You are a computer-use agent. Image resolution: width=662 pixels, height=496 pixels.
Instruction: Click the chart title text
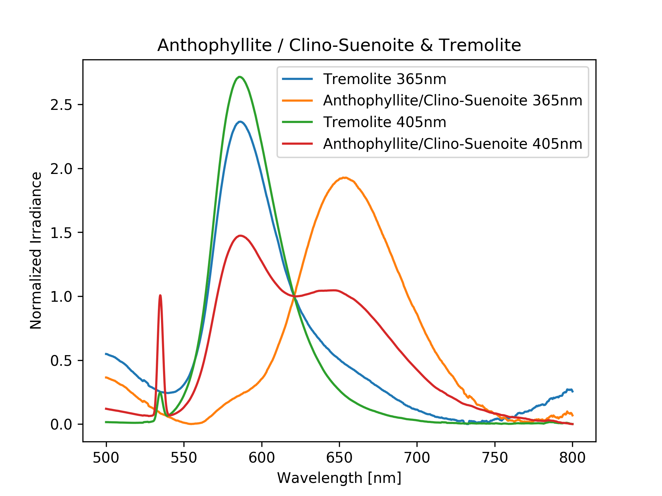pyautogui.click(x=339, y=45)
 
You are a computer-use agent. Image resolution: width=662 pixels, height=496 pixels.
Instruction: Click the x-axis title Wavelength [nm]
pyautogui.click(x=339, y=478)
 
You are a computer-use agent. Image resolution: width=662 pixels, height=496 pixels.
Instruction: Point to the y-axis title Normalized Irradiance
pyautogui.click(x=36, y=250)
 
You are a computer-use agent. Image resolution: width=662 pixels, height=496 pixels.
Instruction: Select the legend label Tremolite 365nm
pyautogui.click(x=384, y=79)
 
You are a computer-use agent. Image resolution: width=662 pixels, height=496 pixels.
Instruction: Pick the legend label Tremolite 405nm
pyautogui.click(x=384, y=122)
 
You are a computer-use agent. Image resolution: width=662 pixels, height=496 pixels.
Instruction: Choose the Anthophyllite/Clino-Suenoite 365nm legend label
pyautogui.click(x=452, y=101)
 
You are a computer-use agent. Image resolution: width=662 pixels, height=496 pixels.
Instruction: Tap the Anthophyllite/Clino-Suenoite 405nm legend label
pyautogui.click(x=452, y=144)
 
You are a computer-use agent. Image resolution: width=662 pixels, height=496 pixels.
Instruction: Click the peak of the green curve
pyautogui.click(x=240, y=77)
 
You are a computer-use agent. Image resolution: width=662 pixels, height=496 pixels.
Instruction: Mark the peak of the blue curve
pyautogui.click(x=240, y=122)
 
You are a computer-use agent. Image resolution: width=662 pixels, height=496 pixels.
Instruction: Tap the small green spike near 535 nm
pyautogui.click(x=160, y=392)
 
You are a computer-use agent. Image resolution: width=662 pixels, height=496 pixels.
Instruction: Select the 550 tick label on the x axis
pyautogui.click(x=184, y=458)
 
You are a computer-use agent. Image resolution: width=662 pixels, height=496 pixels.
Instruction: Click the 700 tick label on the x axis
pyautogui.click(x=417, y=458)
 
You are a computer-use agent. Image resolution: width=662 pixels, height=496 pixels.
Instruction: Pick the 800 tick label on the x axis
pyautogui.click(x=572, y=458)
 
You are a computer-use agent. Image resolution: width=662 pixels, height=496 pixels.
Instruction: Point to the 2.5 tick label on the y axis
pyautogui.click(x=61, y=105)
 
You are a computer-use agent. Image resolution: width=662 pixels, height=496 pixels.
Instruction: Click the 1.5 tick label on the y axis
pyautogui.click(x=61, y=233)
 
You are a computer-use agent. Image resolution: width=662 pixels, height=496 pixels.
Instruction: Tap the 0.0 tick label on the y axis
pyautogui.click(x=61, y=425)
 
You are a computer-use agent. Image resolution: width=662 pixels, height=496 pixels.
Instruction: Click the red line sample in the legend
pyautogui.click(x=297, y=144)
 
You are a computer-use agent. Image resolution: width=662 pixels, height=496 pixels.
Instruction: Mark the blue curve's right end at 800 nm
pyautogui.click(x=572, y=391)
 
